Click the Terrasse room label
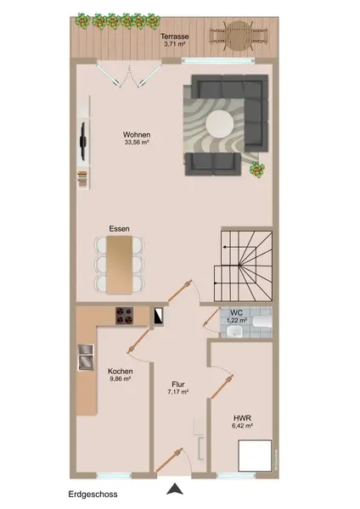pos(174,36)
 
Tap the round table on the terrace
pos(239,36)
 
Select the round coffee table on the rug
pos(220,124)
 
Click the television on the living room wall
pos(83,141)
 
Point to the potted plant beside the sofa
pos(257,170)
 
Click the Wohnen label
pos(137,134)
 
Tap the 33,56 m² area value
pos(137,142)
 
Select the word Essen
pos(119,229)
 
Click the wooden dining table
pos(120,265)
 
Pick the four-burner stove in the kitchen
pos(125,316)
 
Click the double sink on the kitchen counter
pos(86,357)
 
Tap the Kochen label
pos(121,372)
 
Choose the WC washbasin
pos(234,332)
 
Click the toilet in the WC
pos(262,322)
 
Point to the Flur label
pos(178,384)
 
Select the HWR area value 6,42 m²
pos(242,426)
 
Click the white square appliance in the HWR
pos(255,456)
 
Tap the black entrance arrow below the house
pos(175,489)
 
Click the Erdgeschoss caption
pos(93,495)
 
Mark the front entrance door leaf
pos(169,461)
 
